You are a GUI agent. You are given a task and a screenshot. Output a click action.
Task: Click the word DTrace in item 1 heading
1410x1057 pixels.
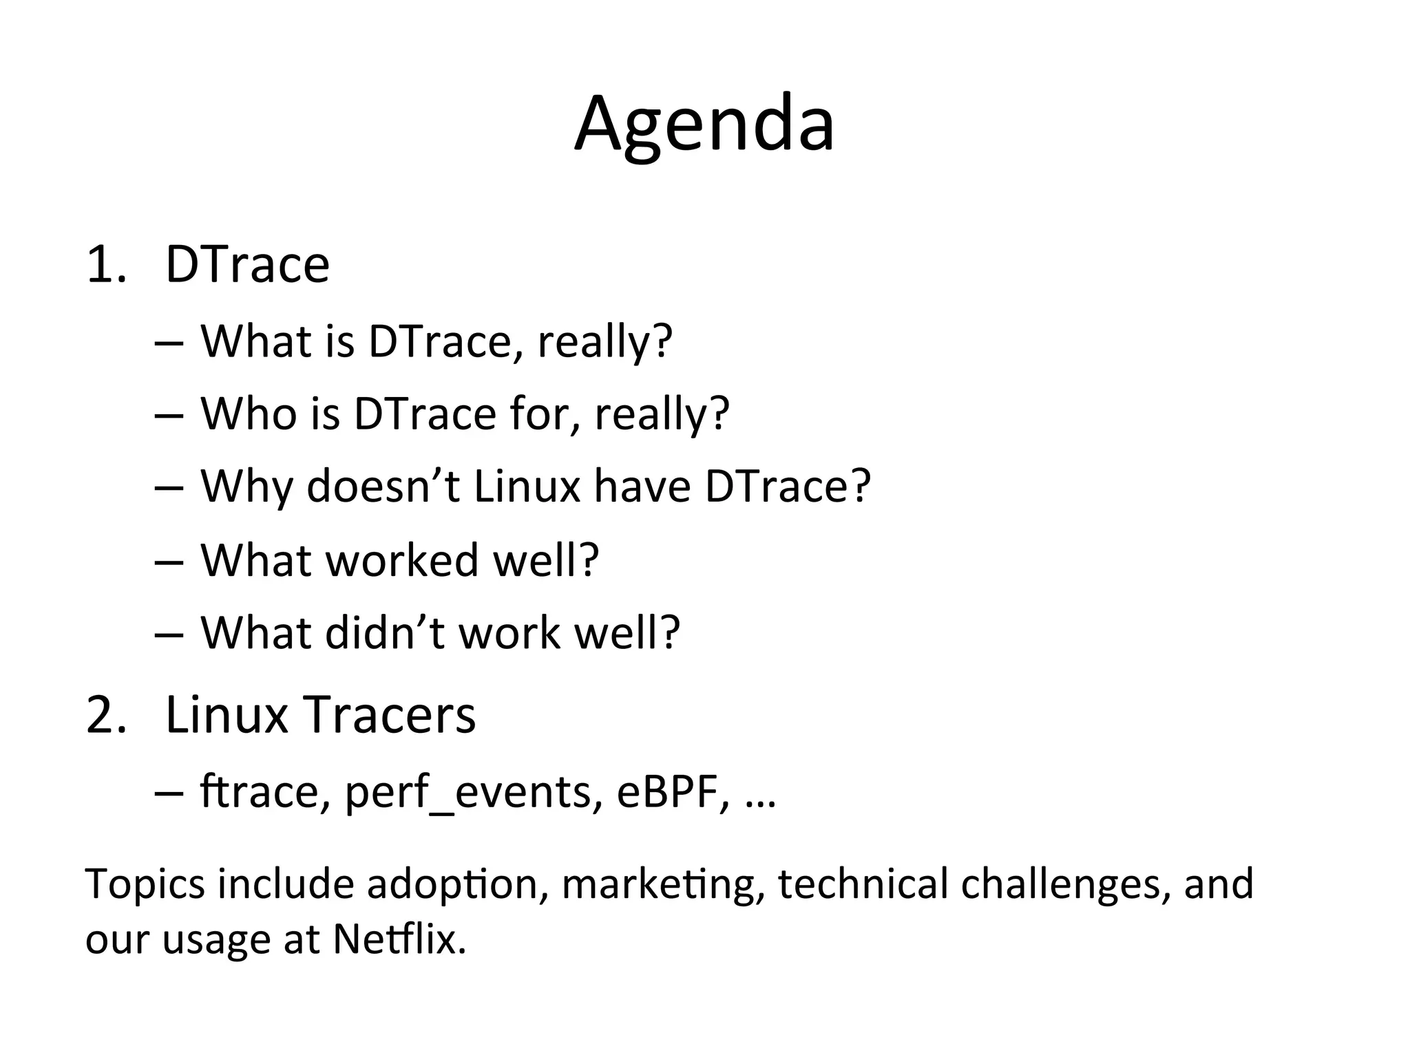(x=248, y=265)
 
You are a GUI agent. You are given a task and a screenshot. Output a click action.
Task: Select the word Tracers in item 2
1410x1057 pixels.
(x=390, y=715)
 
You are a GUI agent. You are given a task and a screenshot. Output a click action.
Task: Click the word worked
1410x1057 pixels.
(x=401, y=560)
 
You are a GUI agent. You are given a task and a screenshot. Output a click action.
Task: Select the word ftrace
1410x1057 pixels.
(x=259, y=793)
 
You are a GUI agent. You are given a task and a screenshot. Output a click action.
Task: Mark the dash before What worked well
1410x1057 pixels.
(x=169, y=562)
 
